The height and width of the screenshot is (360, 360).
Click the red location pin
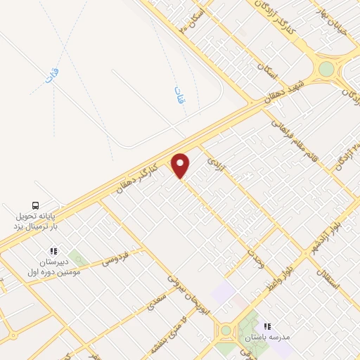(x=181, y=165)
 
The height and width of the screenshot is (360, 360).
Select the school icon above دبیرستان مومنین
(x=53, y=251)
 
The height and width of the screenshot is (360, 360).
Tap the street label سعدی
(x=154, y=302)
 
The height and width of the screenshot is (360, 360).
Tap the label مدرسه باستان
(x=266, y=337)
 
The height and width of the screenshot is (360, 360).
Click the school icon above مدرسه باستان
(x=266, y=326)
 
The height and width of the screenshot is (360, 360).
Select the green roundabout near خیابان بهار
(x=326, y=69)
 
